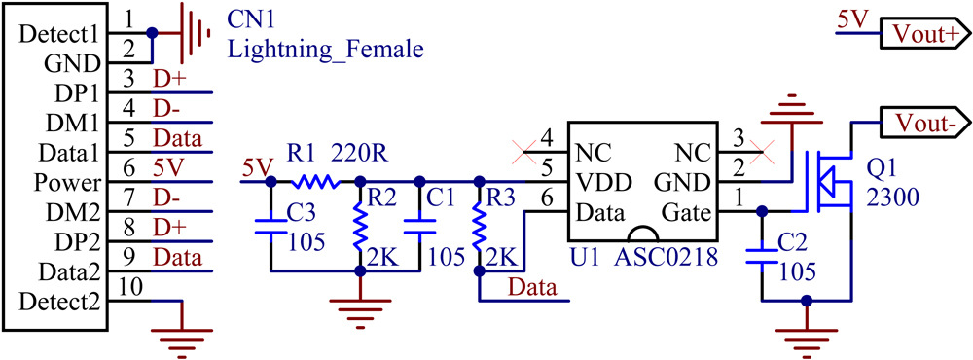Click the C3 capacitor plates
270,227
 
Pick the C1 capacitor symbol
419,227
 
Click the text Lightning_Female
325,48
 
